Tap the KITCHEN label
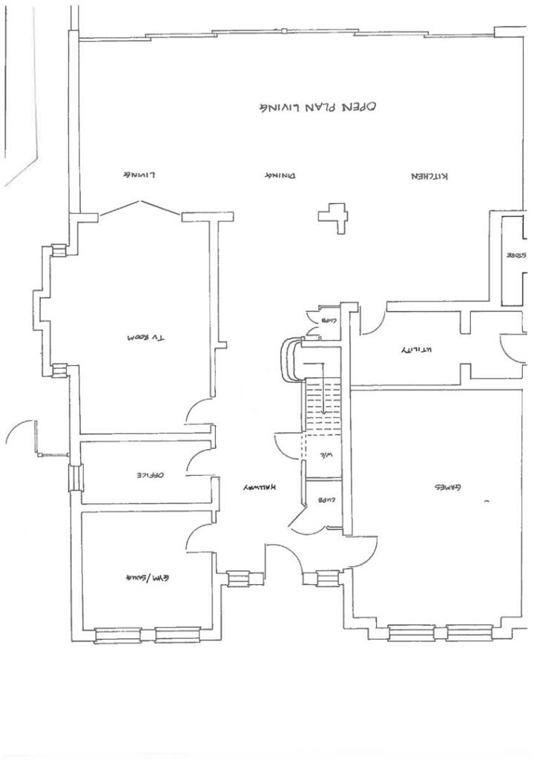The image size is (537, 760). (x=430, y=176)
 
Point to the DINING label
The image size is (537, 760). (x=280, y=176)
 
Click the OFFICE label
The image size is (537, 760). (x=149, y=474)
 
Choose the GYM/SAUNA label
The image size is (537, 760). (x=147, y=577)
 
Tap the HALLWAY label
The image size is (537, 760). (x=259, y=488)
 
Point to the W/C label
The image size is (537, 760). (x=326, y=456)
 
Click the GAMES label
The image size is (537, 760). (x=447, y=488)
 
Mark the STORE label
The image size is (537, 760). (x=516, y=255)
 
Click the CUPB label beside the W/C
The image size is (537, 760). (x=327, y=500)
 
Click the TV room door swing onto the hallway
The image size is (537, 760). (x=199, y=412)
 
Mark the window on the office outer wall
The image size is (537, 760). (x=75, y=477)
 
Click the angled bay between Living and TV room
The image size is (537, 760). (x=139, y=207)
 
